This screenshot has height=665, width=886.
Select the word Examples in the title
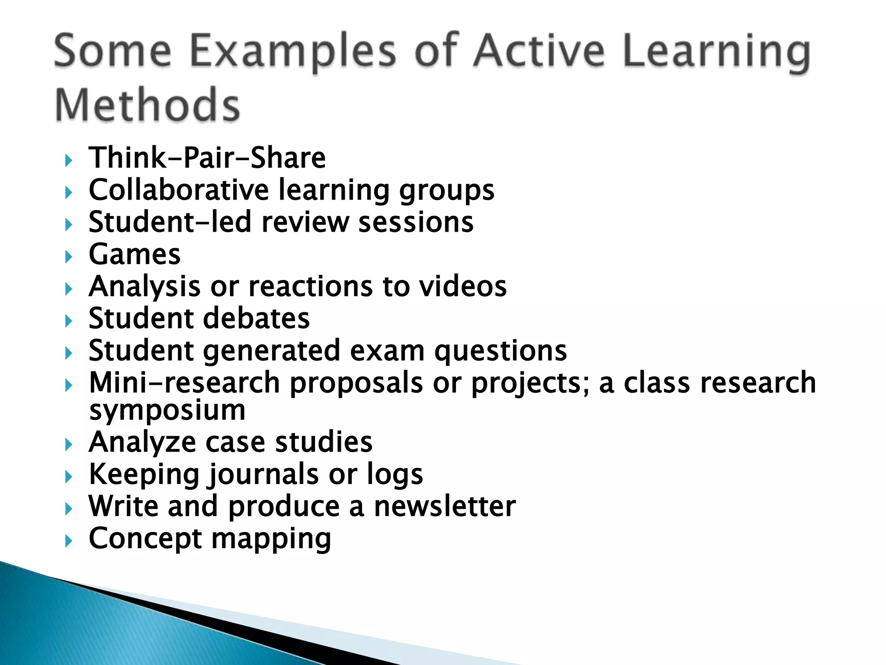pyautogui.click(x=292, y=52)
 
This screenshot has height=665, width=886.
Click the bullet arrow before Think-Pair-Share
pyautogui.click(x=68, y=161)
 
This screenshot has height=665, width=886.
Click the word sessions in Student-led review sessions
pyautogui.click(x=416, y=222)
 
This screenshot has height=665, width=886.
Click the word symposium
pyautogui.click(x=167, y=410)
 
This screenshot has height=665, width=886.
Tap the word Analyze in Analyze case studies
pyautogui.click(x=142, y=442)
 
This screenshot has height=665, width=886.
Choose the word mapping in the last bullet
pyautogui.click(x=271, y=539)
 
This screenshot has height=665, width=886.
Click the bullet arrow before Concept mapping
pyautogui.click(x=68, y=541)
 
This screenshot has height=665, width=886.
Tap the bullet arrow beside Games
pyautogui.click(x=68, y=257)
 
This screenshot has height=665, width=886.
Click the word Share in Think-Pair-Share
pyautogui.click(x=288, y=158)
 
